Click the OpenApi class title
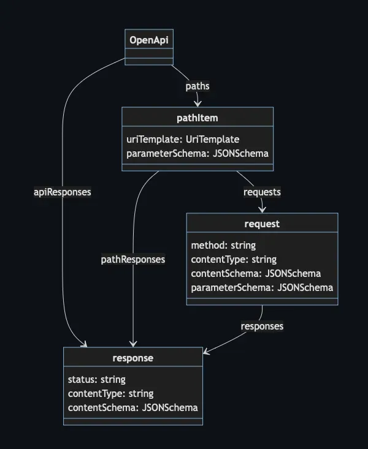(x=149, y=40)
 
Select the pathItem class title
(x=197, y=118)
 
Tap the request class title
(x=262, y=224)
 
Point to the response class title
(x=132, y=358)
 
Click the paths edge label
(x=197, y=86)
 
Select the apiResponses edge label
(x=62, y=192)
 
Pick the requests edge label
(x=262, y=192)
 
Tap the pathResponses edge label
(x=133, y=259)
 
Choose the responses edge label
(x=262, y=326)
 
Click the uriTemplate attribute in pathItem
(x=183, y=139)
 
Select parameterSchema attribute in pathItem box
(x=197, y=153)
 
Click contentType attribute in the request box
(x=234, y=259)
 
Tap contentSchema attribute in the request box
(x=256, y=273)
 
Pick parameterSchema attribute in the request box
(x=262, y=287)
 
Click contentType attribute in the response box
(x=110, y=393)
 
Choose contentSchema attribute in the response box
(x=132, y=407)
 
